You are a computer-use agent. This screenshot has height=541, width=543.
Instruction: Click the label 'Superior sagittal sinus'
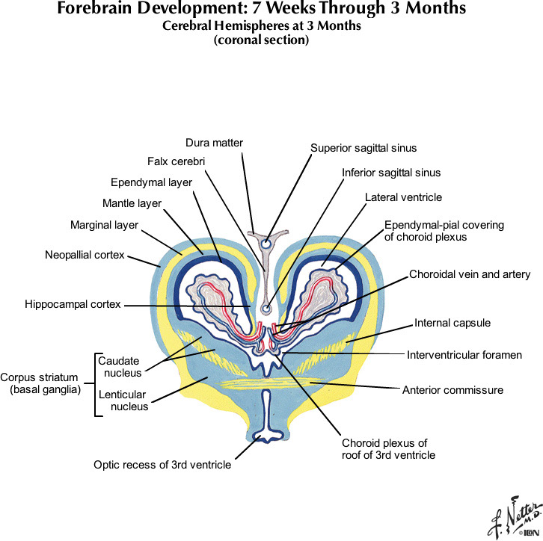[x=363, y=148]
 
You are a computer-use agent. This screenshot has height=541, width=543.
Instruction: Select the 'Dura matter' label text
[x=215, y=142]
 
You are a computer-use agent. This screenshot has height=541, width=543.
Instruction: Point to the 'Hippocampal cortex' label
[x=72, y=304]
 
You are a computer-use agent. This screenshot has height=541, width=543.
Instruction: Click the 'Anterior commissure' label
[x=452, y=389]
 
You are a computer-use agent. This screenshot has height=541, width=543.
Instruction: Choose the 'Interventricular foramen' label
[x=464, y=354]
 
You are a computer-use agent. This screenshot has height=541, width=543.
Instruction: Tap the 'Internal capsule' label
[x=452, y=323]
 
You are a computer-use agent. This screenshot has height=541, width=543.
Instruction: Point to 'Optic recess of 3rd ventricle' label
[x=162, y=465]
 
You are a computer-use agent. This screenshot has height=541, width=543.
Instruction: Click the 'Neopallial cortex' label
[x=85, y=256]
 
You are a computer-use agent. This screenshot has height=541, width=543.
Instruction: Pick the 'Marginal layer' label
[x=104, y=224]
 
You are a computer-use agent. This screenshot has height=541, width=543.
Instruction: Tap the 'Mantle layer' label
[x=132, y=203]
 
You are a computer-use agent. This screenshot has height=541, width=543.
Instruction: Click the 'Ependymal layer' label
[x=151, y=182]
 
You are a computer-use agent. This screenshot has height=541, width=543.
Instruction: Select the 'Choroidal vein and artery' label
[x=470, y=274]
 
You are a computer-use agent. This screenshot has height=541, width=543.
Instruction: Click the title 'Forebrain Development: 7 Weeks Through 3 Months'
[x=262, y=10]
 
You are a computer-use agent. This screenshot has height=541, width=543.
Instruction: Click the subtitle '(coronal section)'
[x=261, y=40]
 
